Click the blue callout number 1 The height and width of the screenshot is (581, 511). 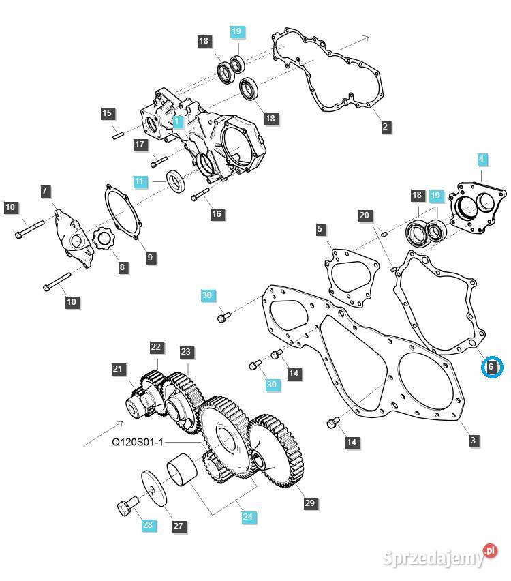click(x=177, y=122)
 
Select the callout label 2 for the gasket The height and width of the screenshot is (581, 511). click(x=385, y=126)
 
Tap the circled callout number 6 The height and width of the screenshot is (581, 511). click(x=491, y=368)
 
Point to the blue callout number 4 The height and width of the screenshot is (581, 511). click(x=482, y=160)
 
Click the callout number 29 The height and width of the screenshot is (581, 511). click(x=310, y=503)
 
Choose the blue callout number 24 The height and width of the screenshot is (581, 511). click(x=247, y=517)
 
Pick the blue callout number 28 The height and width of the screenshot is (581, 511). click(x=148, y=524)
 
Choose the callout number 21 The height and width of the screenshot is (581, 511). click(x=119, y=369)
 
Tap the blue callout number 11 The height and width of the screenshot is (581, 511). click(x=140, y=181)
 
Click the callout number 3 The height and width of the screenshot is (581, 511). click(x=473, y=441)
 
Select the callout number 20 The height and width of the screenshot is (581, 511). click(x=365, y=215)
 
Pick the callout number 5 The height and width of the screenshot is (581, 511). click(x=320, y=230)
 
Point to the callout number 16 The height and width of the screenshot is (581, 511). click(x=216, y=214)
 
